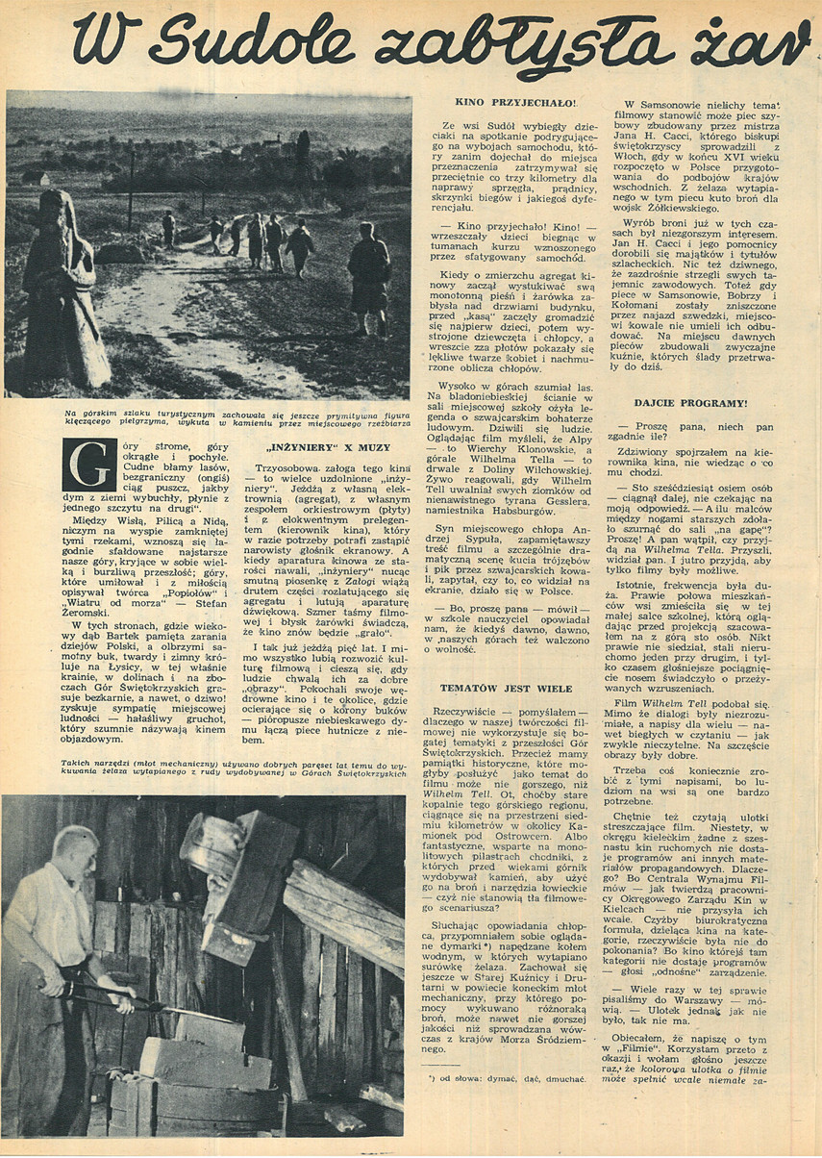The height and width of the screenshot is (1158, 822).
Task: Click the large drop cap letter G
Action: click(x=88, y=466)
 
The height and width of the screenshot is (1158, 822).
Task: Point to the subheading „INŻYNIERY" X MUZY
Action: click(x=322, y=447)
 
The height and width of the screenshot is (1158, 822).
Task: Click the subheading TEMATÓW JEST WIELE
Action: click(x=506, y=689)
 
